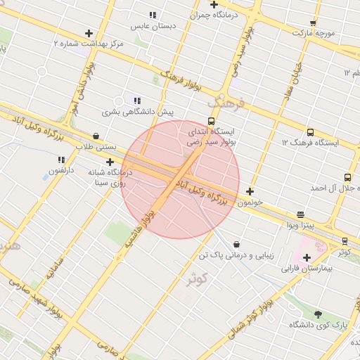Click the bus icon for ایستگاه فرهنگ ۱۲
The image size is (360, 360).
point(310,132)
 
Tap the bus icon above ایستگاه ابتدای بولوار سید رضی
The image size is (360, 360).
point(212,121)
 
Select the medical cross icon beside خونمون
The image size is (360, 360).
point(250,191)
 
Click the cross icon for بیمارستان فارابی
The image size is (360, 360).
point(307,257)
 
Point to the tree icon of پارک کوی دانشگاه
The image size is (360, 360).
point(318,314)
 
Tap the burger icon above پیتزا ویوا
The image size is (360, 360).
point(301,214)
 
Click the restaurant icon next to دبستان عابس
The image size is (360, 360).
point(153,15)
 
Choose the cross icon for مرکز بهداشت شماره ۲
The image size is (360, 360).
point(89,33)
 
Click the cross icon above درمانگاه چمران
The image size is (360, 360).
point(214,4)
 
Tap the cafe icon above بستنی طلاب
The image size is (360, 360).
point(96,136)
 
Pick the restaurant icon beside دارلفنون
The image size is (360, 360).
point(61,160)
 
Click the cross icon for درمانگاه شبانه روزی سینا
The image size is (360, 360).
point(110,162)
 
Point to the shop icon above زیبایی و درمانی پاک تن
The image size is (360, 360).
point(236,244)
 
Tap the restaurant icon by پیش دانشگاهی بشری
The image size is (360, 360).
point(137,101)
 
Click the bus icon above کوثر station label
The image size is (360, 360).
point(345,241)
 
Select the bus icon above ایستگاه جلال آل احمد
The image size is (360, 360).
point(347,177)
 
